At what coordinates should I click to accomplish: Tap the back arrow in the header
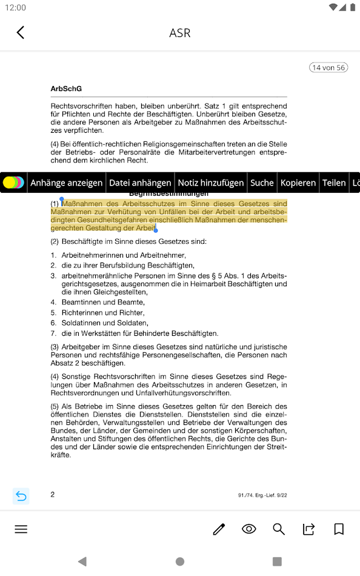tap(21, 32)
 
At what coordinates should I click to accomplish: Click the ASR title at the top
tap(180, 33)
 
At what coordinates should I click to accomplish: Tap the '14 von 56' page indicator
tap(328, 67)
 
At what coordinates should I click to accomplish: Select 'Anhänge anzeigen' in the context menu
tap(67, 183)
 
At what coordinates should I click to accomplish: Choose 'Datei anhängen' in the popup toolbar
tap(140, 183)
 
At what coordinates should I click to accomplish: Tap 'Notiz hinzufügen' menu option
tap(211, 183)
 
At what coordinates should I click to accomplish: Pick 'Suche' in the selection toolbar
tap(262, 183)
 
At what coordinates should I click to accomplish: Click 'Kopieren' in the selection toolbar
tap(298, 183)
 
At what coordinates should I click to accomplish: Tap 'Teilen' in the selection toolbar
tap(334, 183)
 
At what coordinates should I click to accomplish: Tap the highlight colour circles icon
tap(13, 183)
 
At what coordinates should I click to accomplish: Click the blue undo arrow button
tap(21, 496)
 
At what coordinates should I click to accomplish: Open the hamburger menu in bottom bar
tap(21, 529)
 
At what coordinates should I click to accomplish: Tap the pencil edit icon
tap(219, 529)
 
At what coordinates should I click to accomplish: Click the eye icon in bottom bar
tap(248, 529)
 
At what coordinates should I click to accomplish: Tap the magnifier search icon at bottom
tap(279, 529)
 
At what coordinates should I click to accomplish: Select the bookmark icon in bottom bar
tap(339, 529)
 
